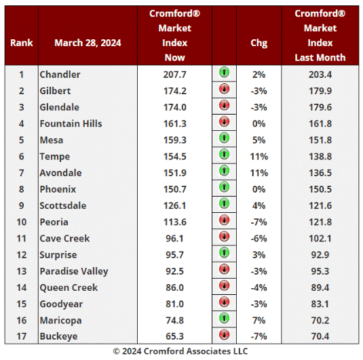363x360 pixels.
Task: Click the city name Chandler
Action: coord(60,75)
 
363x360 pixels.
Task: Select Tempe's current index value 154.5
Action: coord(175,157)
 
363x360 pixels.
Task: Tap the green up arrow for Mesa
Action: coord(224,138)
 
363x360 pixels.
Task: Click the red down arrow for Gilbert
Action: coord(224,89)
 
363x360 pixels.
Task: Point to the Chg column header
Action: coord(259,43)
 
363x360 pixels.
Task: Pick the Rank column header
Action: coord(22,43)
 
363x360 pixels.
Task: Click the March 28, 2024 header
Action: coord(88,43)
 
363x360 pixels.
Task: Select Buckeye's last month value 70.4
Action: coord(320,336)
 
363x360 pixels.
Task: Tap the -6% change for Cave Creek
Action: coord(259,239)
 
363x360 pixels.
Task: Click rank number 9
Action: coord(21,205)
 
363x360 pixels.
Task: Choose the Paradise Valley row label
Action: coord(74,271)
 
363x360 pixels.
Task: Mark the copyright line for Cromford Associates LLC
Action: coord(180,351)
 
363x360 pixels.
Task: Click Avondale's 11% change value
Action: coord(259,173)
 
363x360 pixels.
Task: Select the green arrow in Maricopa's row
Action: coord(224,318)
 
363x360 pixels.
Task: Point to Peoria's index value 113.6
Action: coord(175,222)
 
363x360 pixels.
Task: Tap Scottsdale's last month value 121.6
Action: coord(320,205)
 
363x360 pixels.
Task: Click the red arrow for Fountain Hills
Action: coord(224,122)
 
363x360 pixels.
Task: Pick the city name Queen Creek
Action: coord(69,288)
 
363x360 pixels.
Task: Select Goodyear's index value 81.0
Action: coord(175,304)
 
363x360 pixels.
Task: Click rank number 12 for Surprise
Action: coord(22,255)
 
